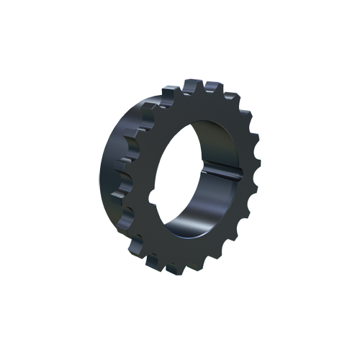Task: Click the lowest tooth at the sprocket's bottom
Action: (x=173, y=269)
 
